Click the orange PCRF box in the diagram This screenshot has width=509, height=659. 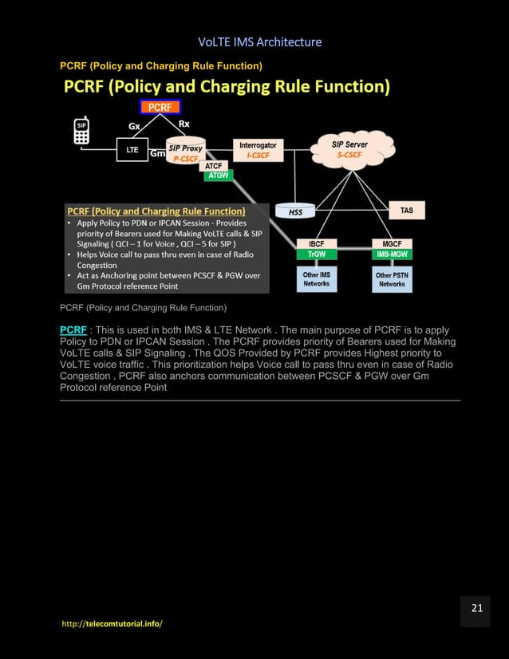160,107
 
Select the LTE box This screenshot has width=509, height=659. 132,149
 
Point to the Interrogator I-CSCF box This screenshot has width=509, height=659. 258,149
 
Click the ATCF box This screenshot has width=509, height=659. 214,166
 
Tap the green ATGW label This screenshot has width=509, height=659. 218,176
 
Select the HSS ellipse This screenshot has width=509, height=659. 295,211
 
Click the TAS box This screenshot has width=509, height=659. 406,211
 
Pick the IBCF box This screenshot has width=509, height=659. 316,243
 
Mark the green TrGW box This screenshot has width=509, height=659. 316,254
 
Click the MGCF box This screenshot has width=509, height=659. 392,243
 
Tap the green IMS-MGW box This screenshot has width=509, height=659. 392,254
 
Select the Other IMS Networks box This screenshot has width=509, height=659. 316,279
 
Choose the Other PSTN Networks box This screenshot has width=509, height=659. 392,279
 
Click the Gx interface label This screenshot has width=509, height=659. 136,125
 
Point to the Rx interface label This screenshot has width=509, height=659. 183,124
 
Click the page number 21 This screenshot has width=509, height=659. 476,609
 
